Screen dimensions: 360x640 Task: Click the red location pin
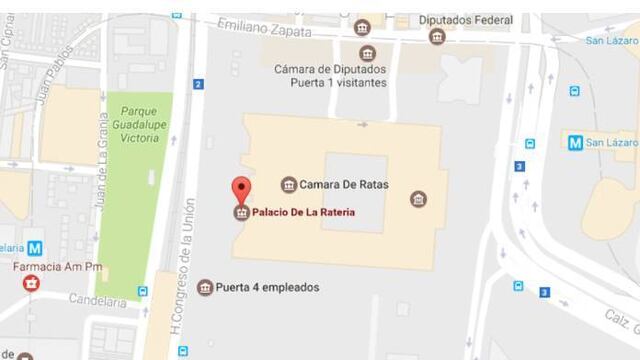pyautogui.click(x=240, y=190)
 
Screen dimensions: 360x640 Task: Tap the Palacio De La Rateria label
pyautogui.click(x=303, y=212)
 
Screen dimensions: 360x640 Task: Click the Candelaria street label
pyautogui.click(x=98, y=300)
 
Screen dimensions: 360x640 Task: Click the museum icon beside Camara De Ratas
pyautogui.click(x=289, y=185)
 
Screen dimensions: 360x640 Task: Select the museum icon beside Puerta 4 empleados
pyautogui.click(x=205, y=288)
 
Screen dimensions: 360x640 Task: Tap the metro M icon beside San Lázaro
pyautogui.click(x=575, y=142)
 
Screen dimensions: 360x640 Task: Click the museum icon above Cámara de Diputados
pyautogui.click(x=367, y=53)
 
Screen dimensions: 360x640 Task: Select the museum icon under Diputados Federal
pyautogui.click(x=437, y=37)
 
